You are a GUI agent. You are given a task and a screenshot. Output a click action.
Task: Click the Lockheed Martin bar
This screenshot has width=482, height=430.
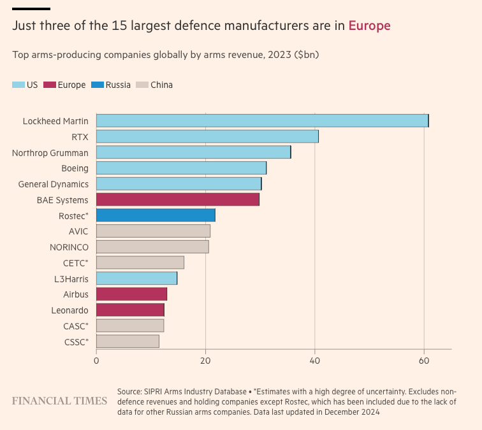(x=262, y=120)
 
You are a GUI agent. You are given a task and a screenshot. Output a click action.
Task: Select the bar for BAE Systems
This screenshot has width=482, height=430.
(x=178, y=200)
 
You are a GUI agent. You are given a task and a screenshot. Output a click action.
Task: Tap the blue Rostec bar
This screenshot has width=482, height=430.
(x=156, y=215)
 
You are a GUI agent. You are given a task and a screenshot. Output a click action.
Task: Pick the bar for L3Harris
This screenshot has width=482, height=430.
(x=136, y=278)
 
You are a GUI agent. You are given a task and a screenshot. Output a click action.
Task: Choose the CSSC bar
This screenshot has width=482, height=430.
(x=128, y=341)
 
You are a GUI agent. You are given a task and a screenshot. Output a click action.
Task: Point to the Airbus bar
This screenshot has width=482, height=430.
(x=131, y=294)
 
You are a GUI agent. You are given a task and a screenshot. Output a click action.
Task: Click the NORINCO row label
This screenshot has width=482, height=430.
(x=69, y=247)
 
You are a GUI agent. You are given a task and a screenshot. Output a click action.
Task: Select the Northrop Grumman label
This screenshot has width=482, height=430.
(x=50, y=153)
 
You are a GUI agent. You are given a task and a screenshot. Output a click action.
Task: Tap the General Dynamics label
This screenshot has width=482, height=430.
(x=53, y=185)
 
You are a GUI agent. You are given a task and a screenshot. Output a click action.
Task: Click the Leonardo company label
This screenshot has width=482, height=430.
(x=69, y=310)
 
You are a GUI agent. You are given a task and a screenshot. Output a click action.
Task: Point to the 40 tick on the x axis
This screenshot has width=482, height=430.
(x=315, y=361)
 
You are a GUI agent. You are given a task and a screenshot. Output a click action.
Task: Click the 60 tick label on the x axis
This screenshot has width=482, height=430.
(x=424, y=361)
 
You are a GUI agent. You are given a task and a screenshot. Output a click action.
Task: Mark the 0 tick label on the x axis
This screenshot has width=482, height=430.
(x=96, y=361)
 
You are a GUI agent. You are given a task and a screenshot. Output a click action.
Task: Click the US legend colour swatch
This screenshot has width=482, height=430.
(x=18, y=85)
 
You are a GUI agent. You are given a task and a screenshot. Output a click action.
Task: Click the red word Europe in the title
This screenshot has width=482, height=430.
(x=369, y=25)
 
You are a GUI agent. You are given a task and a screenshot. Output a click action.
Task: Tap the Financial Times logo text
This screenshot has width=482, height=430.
(x=60, y=401)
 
